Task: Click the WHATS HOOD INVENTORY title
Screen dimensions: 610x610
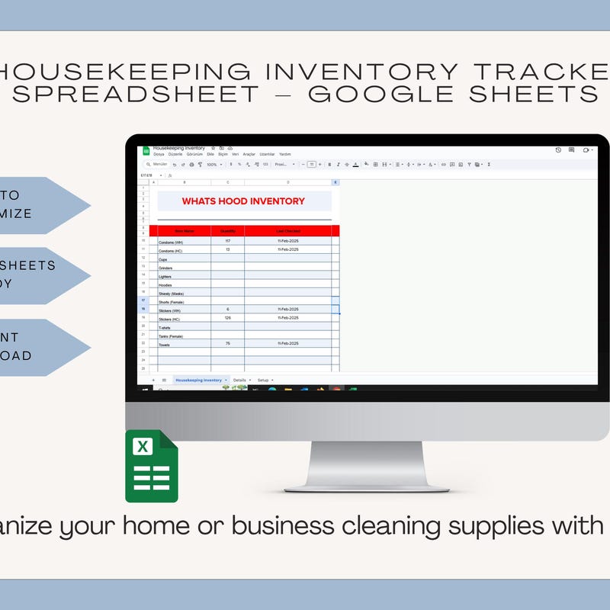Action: point(243,201)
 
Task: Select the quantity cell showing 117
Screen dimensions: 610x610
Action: point(227,241)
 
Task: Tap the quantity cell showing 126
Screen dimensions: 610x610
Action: point(227,317)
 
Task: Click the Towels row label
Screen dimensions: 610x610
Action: point(165,345)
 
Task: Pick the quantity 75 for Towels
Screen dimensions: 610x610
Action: point(227,343)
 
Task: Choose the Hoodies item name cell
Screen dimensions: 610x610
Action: point(166,285)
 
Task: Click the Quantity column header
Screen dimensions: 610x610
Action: point(228,231)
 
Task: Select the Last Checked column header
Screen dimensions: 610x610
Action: point(288,231)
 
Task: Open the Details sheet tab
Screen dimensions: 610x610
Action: point(240,380)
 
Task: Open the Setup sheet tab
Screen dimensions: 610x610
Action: point(263,380)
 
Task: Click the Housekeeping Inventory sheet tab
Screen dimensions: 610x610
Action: point(198,380)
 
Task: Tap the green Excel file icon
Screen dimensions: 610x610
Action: point(151,467)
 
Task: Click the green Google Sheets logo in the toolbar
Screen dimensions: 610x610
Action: point(146,151)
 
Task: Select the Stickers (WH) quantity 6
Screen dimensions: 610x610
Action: point(227,309)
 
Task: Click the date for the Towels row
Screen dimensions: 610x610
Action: point(288,343)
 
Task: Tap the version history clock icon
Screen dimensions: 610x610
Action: point(558,150)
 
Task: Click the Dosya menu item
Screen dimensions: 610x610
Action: point(159,154)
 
